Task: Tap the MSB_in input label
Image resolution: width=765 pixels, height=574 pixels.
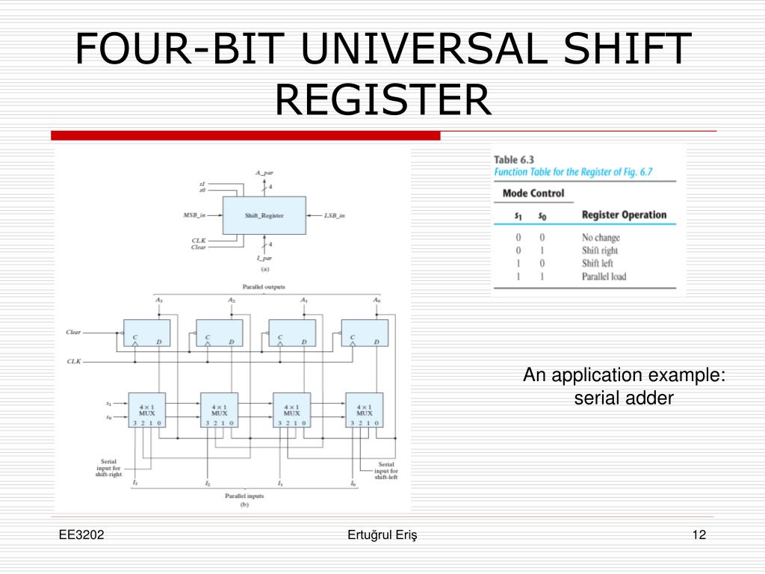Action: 194,215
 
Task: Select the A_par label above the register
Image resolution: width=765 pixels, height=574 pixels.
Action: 264,173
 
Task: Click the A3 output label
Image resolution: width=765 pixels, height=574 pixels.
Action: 158,300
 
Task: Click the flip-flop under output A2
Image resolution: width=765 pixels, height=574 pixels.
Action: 219,333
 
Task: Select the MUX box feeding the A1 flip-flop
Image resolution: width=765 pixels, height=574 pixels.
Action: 291,409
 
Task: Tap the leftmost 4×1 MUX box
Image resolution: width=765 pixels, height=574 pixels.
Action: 146,409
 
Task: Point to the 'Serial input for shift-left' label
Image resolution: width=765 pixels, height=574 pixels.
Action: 386,470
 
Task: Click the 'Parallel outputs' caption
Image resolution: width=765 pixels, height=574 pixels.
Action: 263,287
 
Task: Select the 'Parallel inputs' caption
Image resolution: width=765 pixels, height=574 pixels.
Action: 244,496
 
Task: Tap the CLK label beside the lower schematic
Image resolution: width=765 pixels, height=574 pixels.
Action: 74,361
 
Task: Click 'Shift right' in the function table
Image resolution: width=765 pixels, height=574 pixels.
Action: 600,250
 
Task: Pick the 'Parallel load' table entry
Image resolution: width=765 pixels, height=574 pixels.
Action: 604,277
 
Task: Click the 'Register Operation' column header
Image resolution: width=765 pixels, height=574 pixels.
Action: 624,215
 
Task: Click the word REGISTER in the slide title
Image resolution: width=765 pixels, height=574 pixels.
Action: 382,99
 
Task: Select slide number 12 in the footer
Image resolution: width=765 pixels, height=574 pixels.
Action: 699,534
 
